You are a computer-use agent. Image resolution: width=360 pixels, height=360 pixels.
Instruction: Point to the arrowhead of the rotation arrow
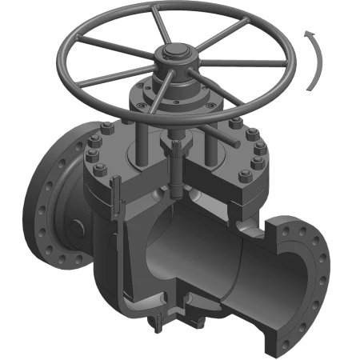pos(306,33)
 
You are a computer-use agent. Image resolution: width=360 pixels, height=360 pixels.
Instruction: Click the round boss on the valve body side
pos(76,228)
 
